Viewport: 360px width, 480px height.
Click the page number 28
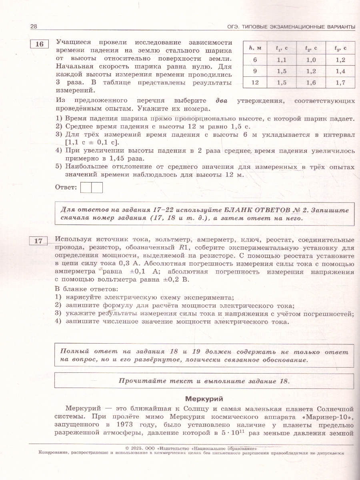tap(34, 26)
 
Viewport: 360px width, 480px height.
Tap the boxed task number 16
tap(39, 44)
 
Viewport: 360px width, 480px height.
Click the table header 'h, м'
tap(255, 48)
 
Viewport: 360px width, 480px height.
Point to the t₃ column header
tap(340, 48)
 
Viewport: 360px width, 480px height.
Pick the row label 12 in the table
tap(255, 83)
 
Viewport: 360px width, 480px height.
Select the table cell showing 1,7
tap(340, 83)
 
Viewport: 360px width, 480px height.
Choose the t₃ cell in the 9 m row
tap(340, 71)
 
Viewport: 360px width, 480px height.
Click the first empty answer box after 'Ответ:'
tap(86, 187)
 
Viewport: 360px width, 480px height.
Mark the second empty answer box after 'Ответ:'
tap(97, 187)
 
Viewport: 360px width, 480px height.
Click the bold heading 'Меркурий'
tap(204, 399)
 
